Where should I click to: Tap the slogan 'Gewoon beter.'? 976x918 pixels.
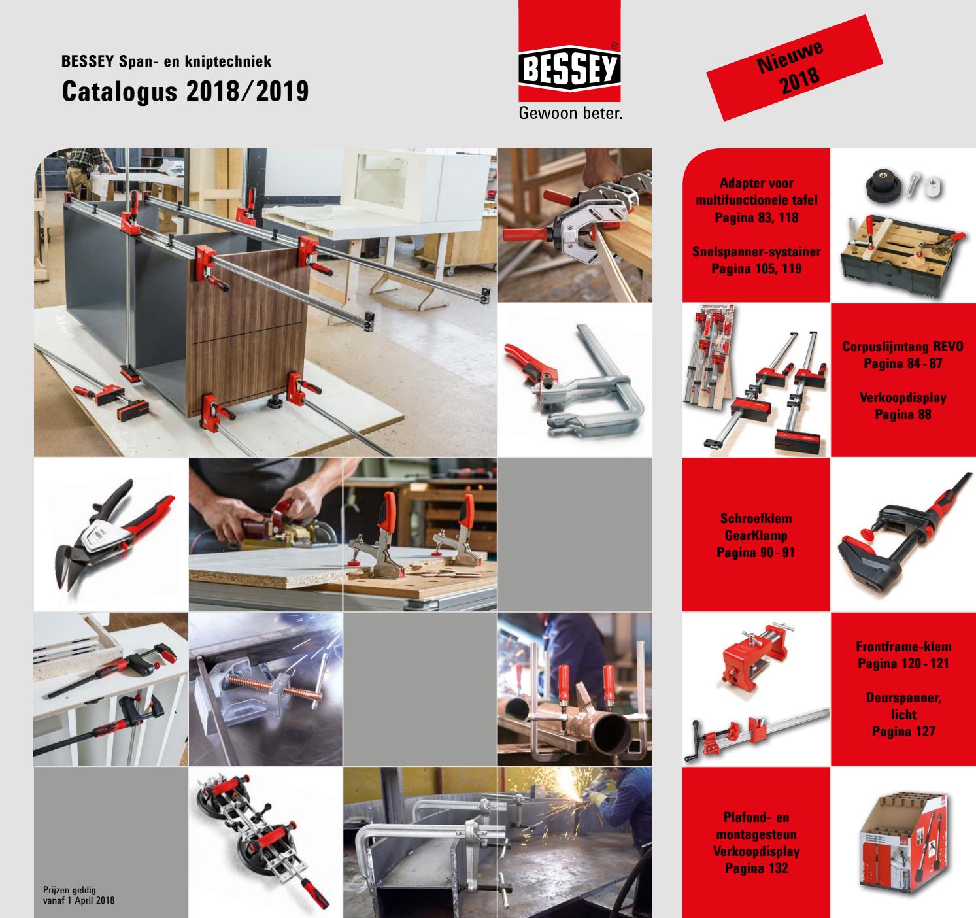tap(569, 114)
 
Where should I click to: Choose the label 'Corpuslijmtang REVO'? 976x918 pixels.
tap(902, 347)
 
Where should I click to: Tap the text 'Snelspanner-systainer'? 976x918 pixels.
tap(756, 251)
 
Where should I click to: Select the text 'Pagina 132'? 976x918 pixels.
tap(756, 868)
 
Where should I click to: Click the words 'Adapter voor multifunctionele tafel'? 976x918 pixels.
tap(756, 200)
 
